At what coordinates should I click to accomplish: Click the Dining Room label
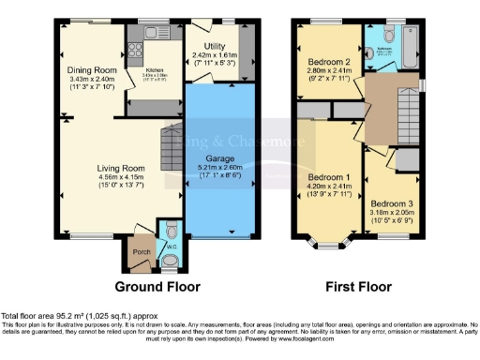point(91,70)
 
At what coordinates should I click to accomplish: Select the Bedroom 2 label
point(329,64)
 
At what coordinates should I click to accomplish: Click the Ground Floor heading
point(151,285)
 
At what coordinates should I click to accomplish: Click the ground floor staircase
point(171,145)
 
